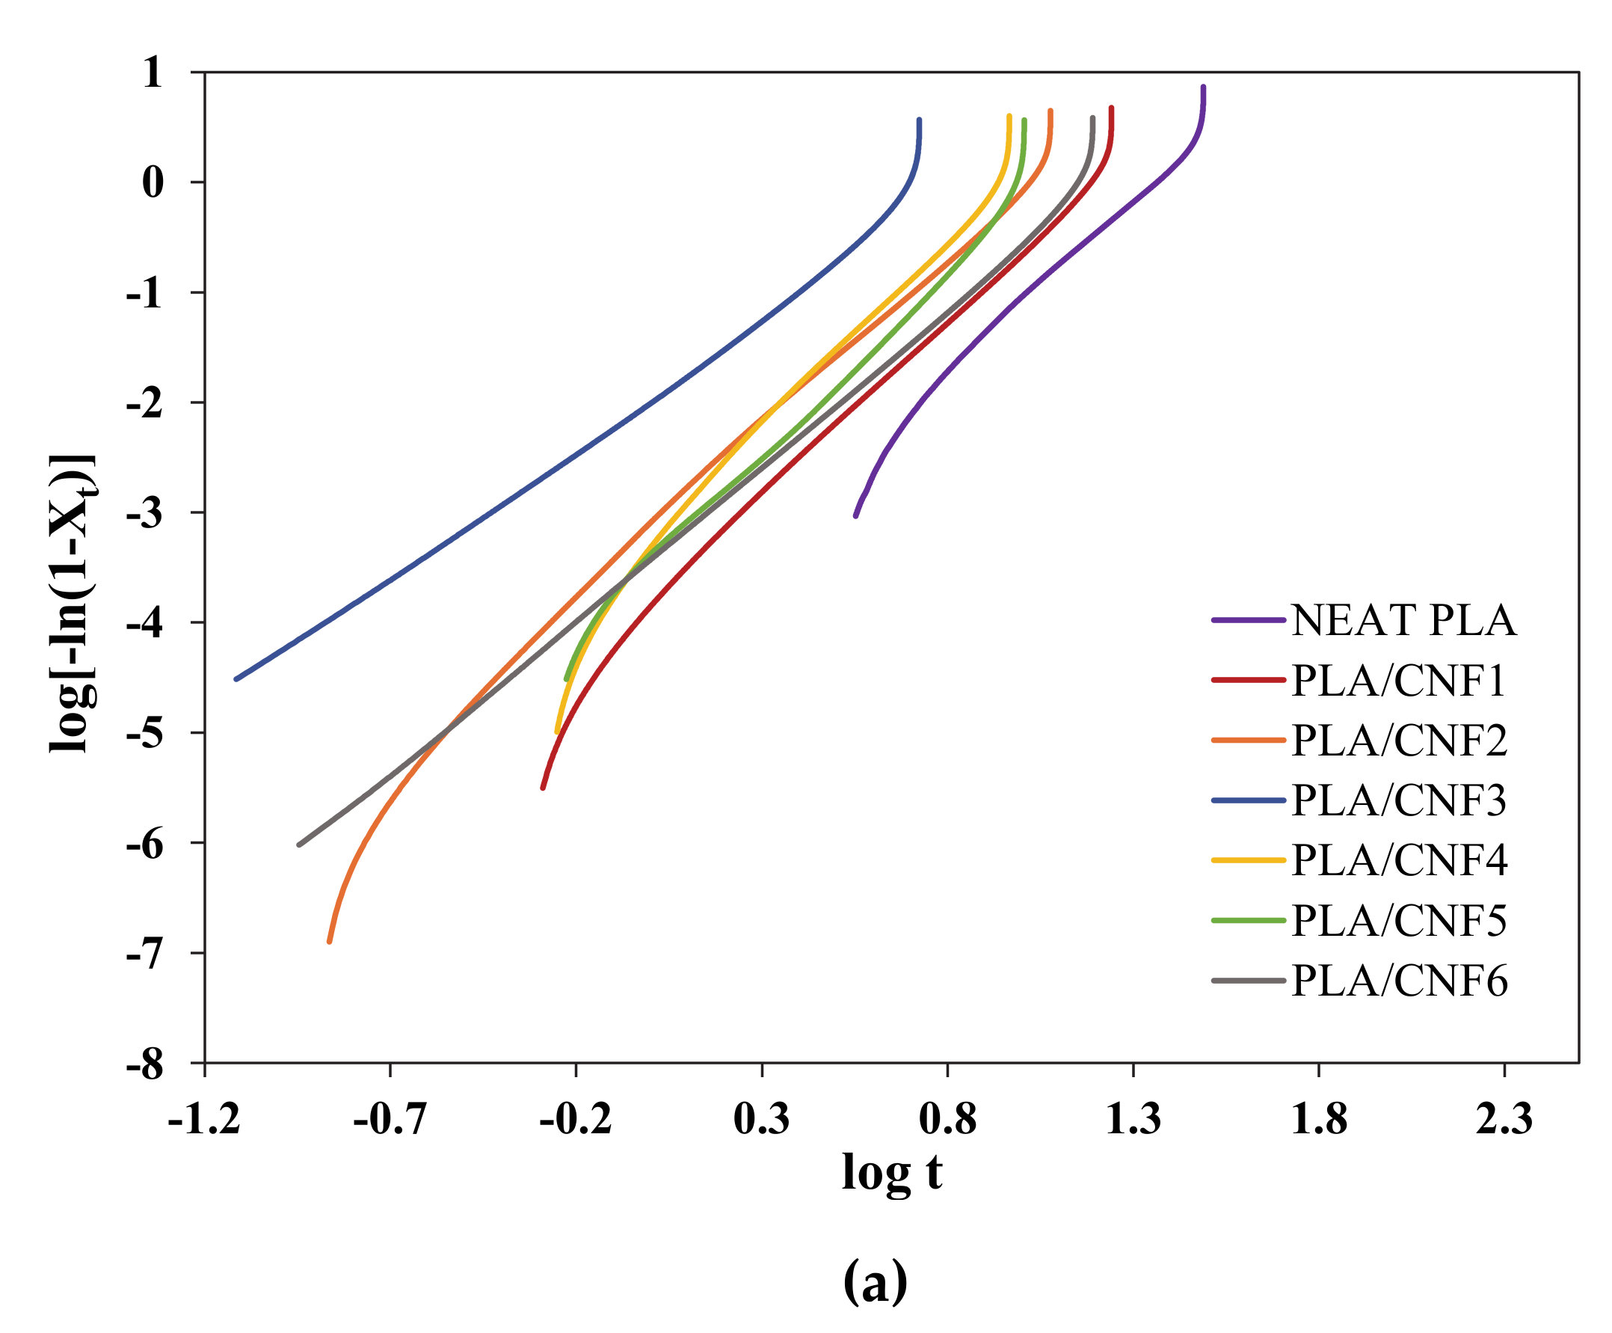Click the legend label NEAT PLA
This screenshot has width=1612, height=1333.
pyautogui.click(x=1404, y=620)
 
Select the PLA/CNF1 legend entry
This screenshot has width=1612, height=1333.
pyautogui.click(x=1399, y=680)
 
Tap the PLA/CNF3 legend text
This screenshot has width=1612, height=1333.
pyautogui.click(x=1399, y=801)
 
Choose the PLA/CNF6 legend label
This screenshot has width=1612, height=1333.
pyautogui.click(x=1400, y=981)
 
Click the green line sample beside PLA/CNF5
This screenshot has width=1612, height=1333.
pyautogui.click(x=1248, y=921)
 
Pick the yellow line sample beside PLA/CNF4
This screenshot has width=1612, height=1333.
pyautogui.click(x=1248, y=861)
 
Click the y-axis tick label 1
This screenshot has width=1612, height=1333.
pyautogui.click(x=153, y=74)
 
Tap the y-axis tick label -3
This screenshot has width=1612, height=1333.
pyautogui.click(x=145, y=514)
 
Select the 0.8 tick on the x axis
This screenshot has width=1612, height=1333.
pyautogui.click(x=947, y=1119)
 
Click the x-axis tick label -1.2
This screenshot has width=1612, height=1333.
pyautogui.click(x=204, y=1119)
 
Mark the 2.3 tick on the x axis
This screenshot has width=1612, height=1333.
pyautogui.click(x=1504, y=1119)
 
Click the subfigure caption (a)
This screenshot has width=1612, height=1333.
pyautogui.click(x=875, y=1280)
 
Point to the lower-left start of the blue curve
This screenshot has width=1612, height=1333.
pyautogui.click(x=236, y=678)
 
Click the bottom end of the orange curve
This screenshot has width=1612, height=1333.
pyautogui.click(x=329, y=941)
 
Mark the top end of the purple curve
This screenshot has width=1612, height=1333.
pyautogui.click(x=1203, y=88)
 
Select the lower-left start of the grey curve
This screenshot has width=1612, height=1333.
pyautogui.click(x=299, y=845)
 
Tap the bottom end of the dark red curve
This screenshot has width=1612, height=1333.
pyautogui.click(x=543, y=788)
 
